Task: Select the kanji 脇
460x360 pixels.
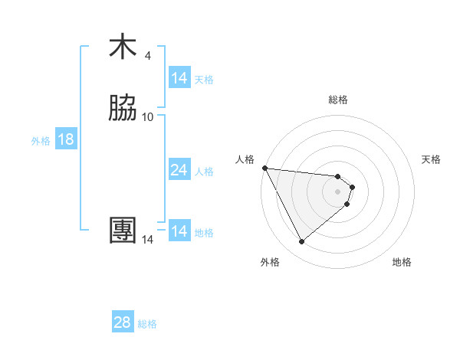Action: pyautogui.click(x=123, y=109)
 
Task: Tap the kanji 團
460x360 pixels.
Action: pyautogui.click(x=123, y=231)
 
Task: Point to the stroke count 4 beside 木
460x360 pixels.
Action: pyautogui.click(x=147, y=55)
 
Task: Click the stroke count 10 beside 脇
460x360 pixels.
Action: pyautogui.click(x=148, y=116)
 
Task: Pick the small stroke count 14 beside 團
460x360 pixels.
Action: pyautogui.click(x=148, y=239)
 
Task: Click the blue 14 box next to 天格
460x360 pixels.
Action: pyautogui.click(x=179, y=78)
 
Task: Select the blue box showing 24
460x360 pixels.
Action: pyautogui.click(x=179, y=170)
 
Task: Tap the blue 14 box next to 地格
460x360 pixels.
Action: pyautogui.click(x=179, y=231)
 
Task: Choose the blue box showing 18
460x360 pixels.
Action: pyautogui.click(x=66, y=139)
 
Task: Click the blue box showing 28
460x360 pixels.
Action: pyautogui.click(x=123, y=322)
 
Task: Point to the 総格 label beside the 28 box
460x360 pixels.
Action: pyautogui.click(x=147, y=324)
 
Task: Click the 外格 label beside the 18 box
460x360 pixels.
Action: pyautogui.click(x=41, y=141)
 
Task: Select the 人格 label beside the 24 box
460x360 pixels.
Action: pyautogui.click(x=205, y=172)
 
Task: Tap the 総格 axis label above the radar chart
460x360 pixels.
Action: pyautogui.click(x=338, y=100)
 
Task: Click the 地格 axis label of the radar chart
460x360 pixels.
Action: pyautogui.click(x=402, y=263)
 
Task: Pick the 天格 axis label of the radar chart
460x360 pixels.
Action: pyautogui.click(x=431, y=159)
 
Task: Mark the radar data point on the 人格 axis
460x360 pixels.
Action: pyautogui.click(x=264, y=168)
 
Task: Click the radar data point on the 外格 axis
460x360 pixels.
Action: pyautogui.click(x=301, y=242)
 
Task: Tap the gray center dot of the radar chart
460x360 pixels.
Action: pyautogui.click(x=338, y=191)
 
